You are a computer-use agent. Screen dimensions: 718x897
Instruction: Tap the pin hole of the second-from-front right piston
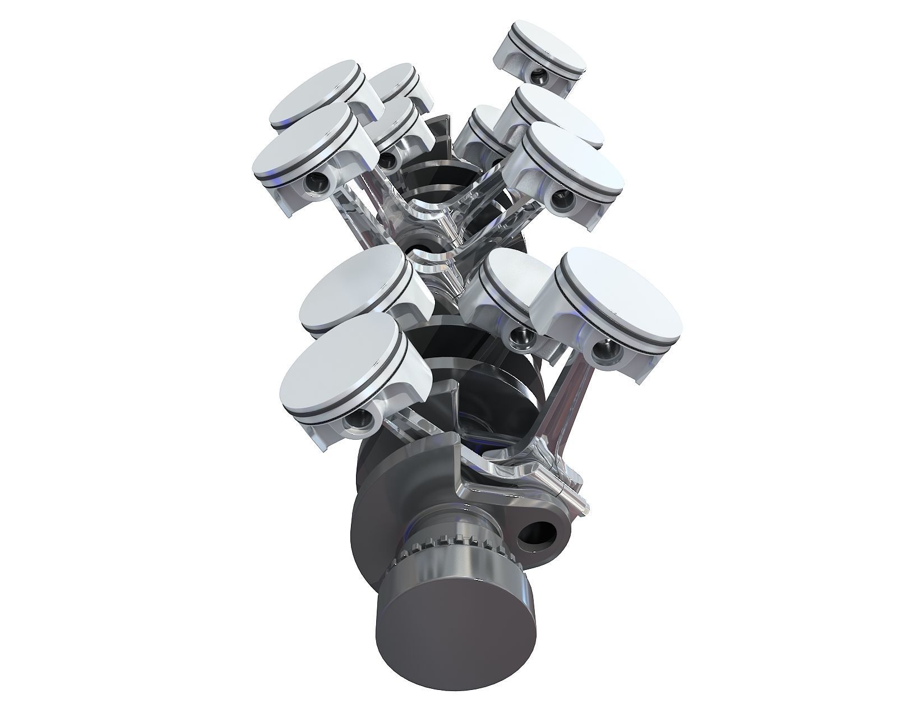522,336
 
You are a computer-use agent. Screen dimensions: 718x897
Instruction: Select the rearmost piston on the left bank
392,81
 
